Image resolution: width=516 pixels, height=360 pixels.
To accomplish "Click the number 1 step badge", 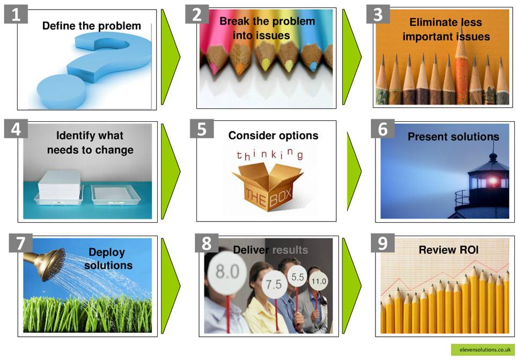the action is (16, 14).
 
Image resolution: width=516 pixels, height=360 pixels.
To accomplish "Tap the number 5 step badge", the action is (202, 129).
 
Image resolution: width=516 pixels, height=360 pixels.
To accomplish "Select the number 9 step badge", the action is (383, 243).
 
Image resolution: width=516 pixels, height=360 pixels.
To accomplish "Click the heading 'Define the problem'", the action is (92, 26).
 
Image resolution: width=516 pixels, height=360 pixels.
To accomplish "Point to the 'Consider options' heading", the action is (273, 135).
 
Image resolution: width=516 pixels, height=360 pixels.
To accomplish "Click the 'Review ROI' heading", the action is (448, 250).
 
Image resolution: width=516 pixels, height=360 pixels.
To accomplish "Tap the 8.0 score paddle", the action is (226, 271).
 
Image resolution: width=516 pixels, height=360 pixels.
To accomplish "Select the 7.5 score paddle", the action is (274, 284).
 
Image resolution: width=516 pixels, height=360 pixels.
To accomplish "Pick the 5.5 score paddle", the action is (298, 277).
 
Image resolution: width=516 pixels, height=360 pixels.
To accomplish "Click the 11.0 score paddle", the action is (319, 281).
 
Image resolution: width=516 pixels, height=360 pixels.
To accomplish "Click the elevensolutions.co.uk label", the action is (482, 350).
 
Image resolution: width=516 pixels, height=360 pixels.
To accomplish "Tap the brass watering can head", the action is (49, 263).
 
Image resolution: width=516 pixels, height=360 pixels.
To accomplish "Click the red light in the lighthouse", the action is (493, 180).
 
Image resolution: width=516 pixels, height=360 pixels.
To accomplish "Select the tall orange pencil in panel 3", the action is (461, 66).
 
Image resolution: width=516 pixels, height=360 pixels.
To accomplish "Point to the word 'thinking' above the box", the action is (270, 154).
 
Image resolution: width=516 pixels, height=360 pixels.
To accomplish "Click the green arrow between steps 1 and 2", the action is (171, 57).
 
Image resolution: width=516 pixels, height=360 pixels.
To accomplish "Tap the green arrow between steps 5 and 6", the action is (354, 171).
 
